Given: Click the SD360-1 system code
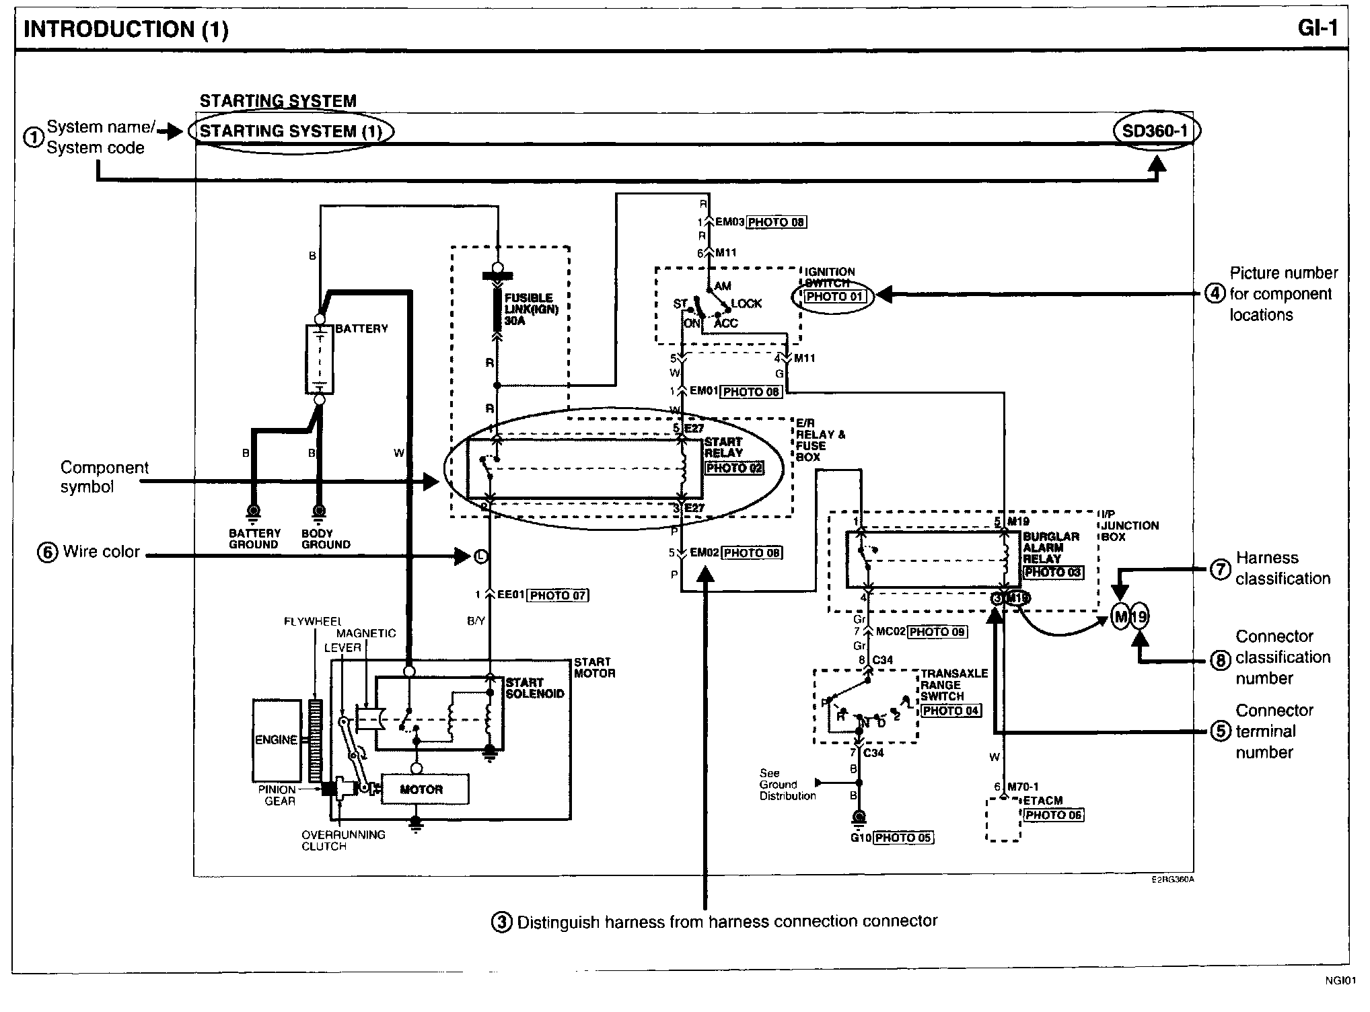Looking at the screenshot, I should pos(1155,131).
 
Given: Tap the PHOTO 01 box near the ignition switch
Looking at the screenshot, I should pos(834,296).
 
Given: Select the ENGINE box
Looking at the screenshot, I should pos(277,739).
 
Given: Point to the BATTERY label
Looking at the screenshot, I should pos(361,328).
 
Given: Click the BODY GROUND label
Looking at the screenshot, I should pos(326,539).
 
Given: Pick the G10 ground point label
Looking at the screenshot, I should pos(861,838).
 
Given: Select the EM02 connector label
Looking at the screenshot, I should pos(705,553).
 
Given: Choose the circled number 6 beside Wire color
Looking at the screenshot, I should pos(47,552).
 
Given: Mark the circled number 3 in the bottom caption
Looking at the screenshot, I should pos(501,922).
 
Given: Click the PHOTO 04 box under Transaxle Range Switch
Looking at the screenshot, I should pos(951,711).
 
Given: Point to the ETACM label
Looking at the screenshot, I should pos(1042,801).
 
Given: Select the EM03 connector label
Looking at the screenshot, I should pos(730,221).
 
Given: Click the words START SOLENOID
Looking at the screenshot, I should pos(534,688).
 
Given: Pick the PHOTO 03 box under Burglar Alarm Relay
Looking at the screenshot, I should pos(1052,572).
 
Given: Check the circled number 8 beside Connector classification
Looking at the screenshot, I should pos(1221,660).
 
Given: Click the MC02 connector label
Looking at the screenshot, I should pos(891,632).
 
